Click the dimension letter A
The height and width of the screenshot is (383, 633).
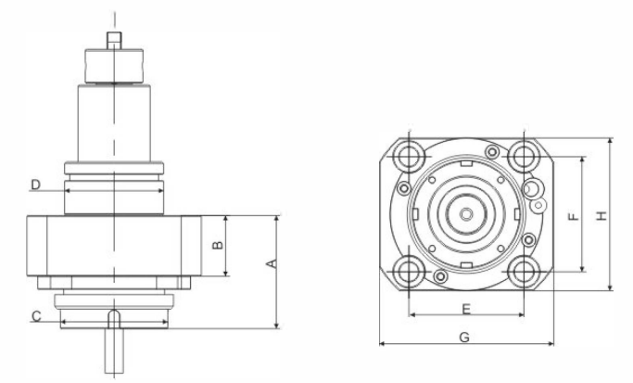(x=271, y=264)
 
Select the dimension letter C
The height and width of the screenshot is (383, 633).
(x=36, y=317)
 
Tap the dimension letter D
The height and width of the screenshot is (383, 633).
(x=34, y=185)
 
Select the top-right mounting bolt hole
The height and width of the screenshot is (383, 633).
(x=525, y=154)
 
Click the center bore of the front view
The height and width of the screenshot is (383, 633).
(x=466, y=213)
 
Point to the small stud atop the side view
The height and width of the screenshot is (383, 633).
(x=113, y=40)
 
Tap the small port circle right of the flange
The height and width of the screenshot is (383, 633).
(x=534, y=190)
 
